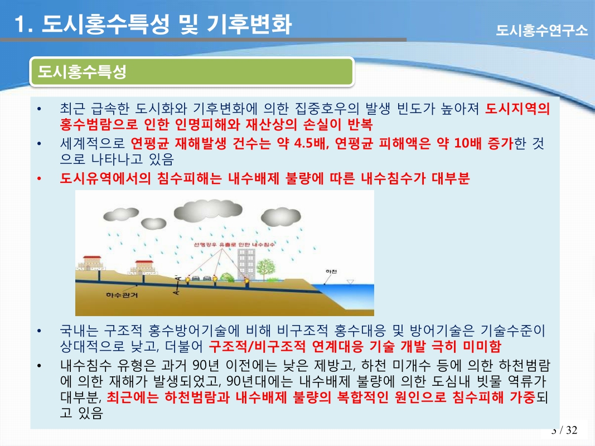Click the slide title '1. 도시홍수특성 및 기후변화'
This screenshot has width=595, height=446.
pyautogui.click(x=153, y=25)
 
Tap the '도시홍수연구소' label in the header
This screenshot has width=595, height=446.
pyautogui.click(x=541, y=30)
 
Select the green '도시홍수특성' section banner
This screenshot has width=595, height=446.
pyautogui.click(x=192, y=72)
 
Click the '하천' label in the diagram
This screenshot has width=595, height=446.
pyautogui.click(x=331, y=272)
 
